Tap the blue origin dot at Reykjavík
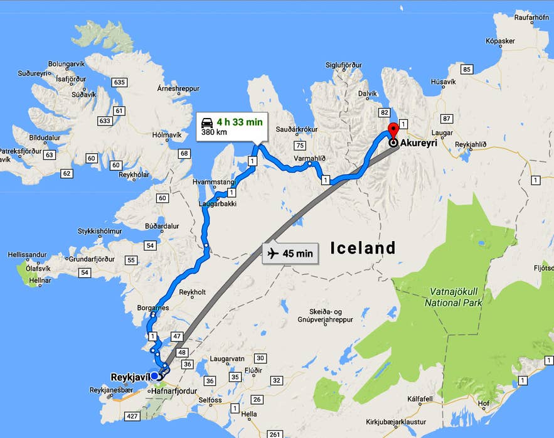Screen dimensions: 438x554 coord(154,377)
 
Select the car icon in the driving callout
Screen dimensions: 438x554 coord(206,122)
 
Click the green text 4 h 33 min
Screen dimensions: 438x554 coord(240,122)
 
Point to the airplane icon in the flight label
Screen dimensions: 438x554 coord(273,254)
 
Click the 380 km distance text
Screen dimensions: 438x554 coord(213,133)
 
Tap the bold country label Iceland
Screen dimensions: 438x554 coord(363,248)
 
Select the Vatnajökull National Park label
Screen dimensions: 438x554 coord(453,297)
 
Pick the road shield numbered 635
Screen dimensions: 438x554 coord(119,82)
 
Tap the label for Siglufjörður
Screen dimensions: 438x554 coord(344,65)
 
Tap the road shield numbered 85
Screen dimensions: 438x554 coord(466,69)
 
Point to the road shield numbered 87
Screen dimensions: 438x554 coord(447,119)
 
